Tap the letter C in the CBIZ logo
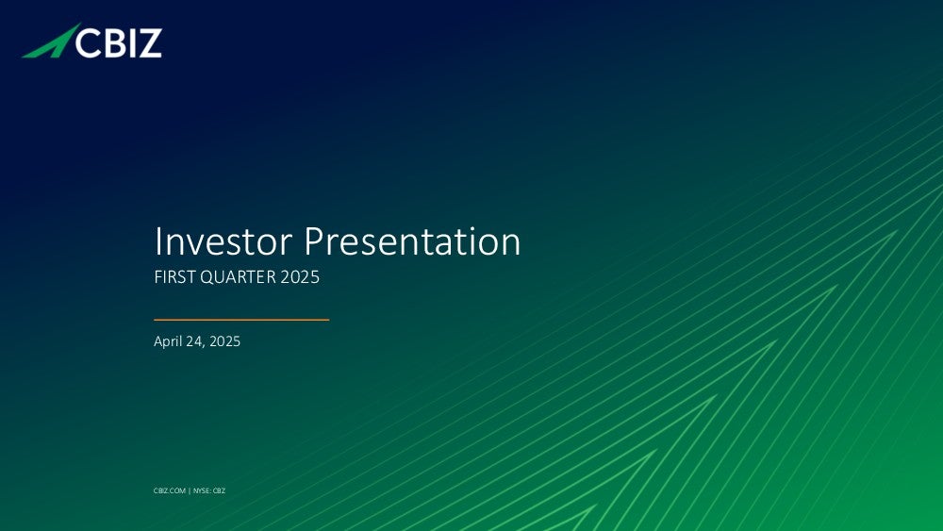(88, 43)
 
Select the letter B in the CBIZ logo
(115, 43)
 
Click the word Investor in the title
(223, 241)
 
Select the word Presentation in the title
(412, 241)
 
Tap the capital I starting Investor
(157, 241)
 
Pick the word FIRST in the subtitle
(175, 276)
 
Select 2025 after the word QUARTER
(300, 276)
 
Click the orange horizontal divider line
(241, 320)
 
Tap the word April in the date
(168, 341)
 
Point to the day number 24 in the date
(194, 341)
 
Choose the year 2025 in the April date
(225, 341)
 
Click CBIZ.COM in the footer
(170, 490)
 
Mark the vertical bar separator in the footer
(190, 490)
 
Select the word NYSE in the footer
(201, 490)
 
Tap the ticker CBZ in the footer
(219, 490)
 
